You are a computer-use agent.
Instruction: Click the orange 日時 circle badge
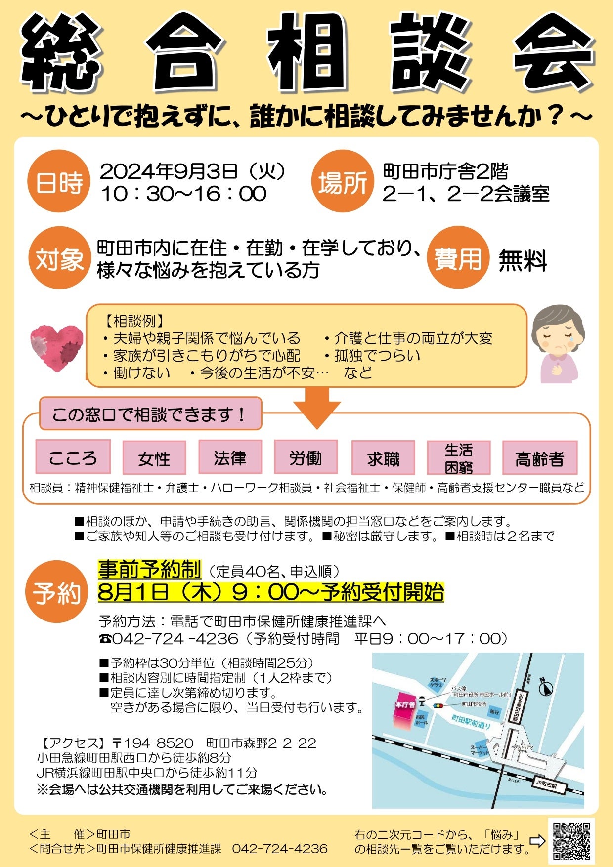pos(59,182)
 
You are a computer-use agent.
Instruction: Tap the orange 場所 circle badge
pos(343,182)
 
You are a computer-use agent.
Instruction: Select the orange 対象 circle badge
pos(59,258)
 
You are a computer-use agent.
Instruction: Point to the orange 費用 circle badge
pos(457,258)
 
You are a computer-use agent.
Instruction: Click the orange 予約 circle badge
pos(57,592)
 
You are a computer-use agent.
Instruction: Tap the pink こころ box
pos(73,457)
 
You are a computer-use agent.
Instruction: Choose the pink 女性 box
pos(154,458)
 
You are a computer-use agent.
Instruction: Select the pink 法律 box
pos(230,457)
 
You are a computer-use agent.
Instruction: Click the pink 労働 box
pos(306,457)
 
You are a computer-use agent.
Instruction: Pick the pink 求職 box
pos(383,458)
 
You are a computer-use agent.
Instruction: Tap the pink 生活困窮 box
pos(458,458)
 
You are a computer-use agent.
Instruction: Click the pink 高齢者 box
pos(539,458)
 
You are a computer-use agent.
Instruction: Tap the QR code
pos(571,840)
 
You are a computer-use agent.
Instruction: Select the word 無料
pos(523,260)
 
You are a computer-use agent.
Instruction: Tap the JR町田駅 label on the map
pos(545,784)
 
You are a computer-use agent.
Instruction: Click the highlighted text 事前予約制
pos(149,570)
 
